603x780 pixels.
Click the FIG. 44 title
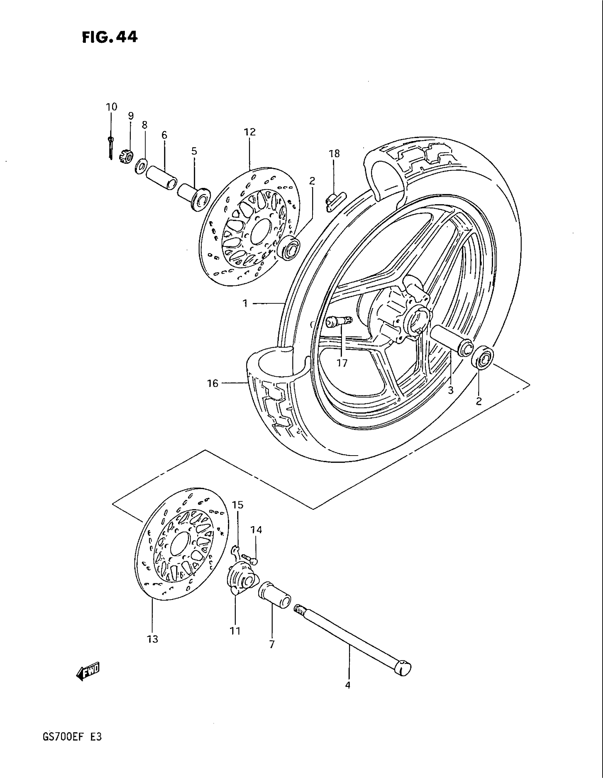pos(109,37)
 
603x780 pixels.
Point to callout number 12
pos(250,132)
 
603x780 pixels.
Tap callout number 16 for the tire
pos(212,384)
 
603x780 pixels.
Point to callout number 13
pos(153,639)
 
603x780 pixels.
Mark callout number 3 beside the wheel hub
pos(450,390)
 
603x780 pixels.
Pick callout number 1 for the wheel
pos(245,303)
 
